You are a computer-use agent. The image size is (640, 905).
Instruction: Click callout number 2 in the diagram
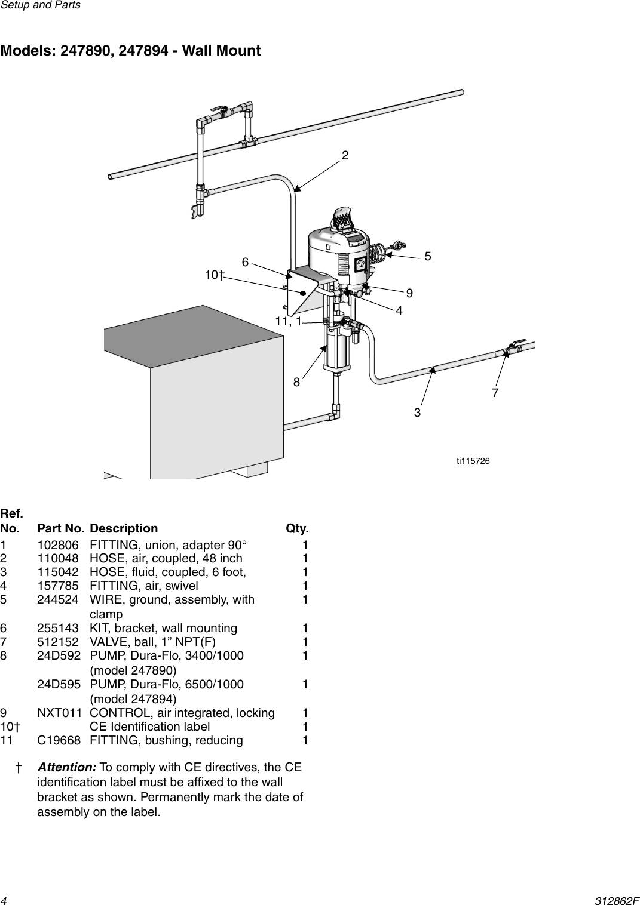point(345,156)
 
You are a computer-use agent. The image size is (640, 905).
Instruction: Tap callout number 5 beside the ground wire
point(428,257)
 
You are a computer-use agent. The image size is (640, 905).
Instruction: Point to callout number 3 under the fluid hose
point(417,413)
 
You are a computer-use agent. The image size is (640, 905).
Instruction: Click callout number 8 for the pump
point(296,382)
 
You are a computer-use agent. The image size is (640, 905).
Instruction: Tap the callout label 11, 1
point(288,322)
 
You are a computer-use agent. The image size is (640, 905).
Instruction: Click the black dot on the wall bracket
point(304,293)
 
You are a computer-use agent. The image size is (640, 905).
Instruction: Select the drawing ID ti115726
point(473,460)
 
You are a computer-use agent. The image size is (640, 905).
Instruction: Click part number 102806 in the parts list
point(57,545)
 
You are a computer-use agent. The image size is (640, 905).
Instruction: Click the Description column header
point(124,528)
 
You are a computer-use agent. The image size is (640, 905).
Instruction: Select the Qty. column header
point(297,528)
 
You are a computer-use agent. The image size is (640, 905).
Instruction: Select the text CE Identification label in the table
point(149,727)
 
